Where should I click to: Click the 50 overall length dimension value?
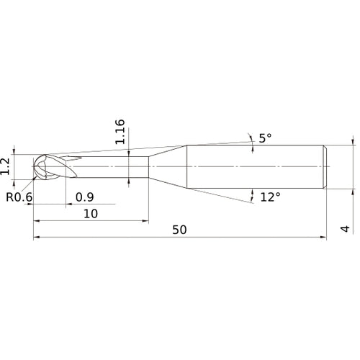pos(180,230)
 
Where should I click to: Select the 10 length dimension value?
pos(91,214)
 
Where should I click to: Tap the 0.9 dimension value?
pos(84,197)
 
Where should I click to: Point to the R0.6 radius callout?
pos(19,197)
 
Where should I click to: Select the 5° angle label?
pos(265,138)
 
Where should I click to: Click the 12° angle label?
pos(270,197)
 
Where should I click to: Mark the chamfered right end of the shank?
pos(325,168)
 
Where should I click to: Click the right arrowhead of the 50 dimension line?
pos(325,237)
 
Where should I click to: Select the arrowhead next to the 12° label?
pos(253,193)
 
